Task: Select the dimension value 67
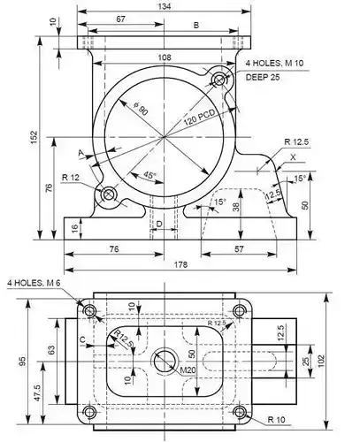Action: pyautogui.click(x=119, y=19)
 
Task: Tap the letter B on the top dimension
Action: pyautogui.click(x=195, y=26)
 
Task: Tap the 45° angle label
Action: pyautogui.click(x=149, y=175)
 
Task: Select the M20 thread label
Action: pyautogui.click(x=178, y=370)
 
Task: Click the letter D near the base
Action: pyautogui.click(x=158, y=225)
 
